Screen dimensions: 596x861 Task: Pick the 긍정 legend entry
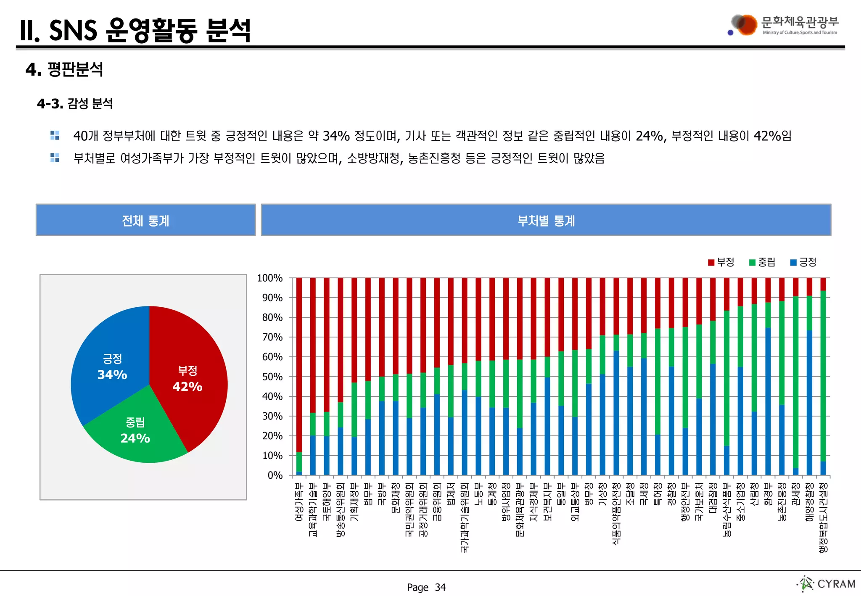coord(803,262)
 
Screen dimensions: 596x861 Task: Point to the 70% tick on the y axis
coord(272,337)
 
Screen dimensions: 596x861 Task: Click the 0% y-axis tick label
coord(275,475)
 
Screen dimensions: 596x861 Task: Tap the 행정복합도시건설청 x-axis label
coord(823,517)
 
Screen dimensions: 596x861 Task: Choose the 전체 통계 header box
coord(145,220)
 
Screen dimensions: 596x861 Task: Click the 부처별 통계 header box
coord(546,220)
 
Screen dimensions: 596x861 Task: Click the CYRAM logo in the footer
coord(827,583)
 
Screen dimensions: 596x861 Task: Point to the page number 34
coord(440,587)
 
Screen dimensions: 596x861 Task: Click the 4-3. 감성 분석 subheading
coord(75,103)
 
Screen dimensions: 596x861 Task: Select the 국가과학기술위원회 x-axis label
coord(464,517)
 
